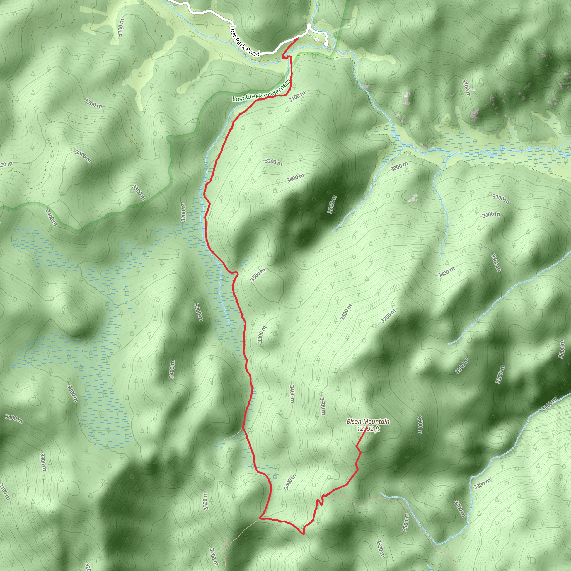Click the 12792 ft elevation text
(368, 429)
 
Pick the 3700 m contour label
(388, 316)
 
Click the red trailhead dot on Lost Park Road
(296, 39)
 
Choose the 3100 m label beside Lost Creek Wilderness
(297, 97)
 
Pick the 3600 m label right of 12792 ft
(420, 425)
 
